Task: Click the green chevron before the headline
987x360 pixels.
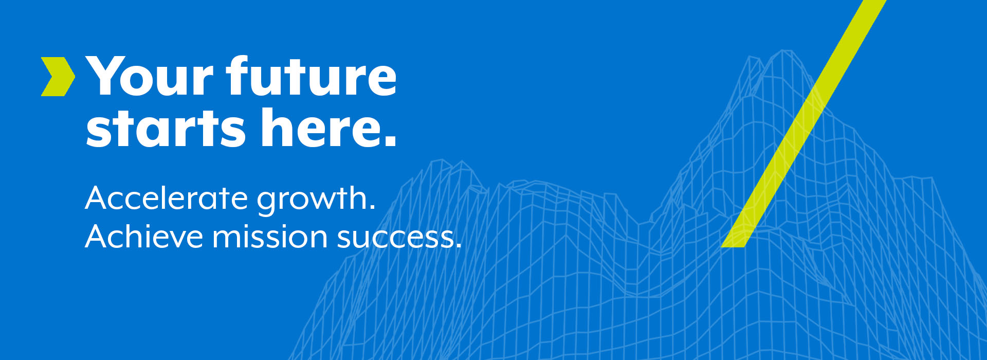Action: [58, 77]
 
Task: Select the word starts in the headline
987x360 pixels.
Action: [166, 128]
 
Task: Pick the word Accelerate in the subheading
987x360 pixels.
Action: [167, 198]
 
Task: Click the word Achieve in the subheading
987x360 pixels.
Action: [144, 237]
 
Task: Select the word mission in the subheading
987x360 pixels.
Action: [270, 237]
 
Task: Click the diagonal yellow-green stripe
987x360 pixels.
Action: [803, 123]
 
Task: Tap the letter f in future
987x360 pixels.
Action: [239, 75]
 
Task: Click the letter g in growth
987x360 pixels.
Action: [268, 203]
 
